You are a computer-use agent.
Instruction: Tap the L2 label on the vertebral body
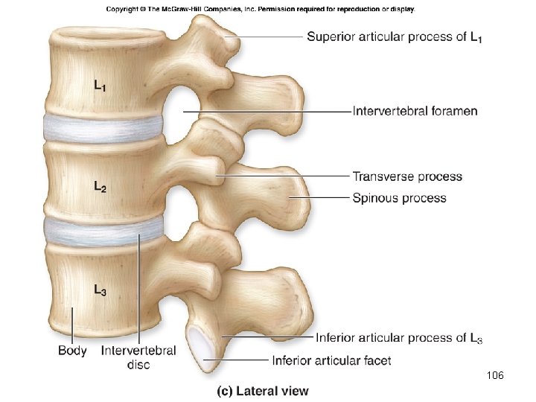point(99,186)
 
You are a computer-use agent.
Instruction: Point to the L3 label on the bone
point(100,291)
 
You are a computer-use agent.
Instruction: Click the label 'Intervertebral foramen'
point(415,112)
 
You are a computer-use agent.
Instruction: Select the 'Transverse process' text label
point(406,176)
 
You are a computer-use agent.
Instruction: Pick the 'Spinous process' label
point(399,198)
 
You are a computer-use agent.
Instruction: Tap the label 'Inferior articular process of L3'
point(399,339)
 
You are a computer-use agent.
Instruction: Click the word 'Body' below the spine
point(72,350)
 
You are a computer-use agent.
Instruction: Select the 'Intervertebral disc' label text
point(138,357)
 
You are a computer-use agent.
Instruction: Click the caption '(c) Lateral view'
point(262,390)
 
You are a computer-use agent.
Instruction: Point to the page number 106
point(494,377)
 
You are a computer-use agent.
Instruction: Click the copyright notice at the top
point(261,9)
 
